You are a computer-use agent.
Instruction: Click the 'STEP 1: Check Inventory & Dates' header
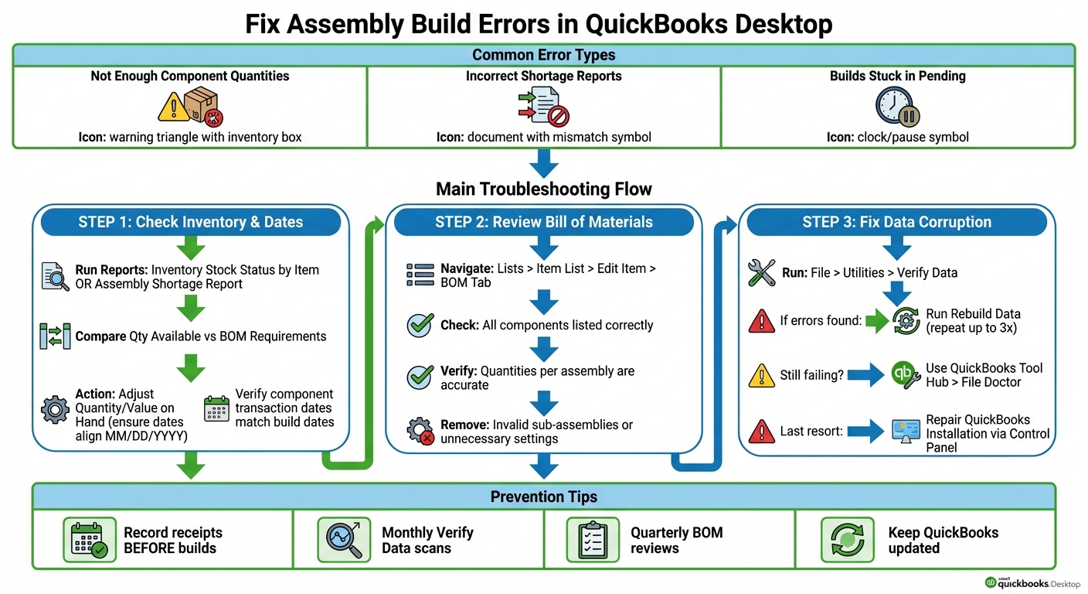pos(190,222)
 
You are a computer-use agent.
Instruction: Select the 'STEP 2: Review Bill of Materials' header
pos(543,222)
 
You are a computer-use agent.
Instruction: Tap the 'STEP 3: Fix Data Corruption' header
pos(896,222)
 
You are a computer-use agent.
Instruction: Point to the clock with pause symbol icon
pos(897,107)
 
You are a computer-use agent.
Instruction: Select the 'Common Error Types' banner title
pos(543,55)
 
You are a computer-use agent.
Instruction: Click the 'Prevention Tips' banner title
pos(543,497)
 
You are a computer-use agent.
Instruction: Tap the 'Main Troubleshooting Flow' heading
pos(543,189)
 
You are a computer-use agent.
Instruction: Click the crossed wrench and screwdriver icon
pos(762,273)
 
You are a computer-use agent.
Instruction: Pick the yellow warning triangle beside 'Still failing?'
pos(762,375)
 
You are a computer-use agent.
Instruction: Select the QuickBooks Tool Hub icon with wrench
pos(906,375)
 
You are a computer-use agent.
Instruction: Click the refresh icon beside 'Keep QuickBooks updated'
pos(847,540)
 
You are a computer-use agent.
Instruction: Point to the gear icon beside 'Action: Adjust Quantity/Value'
pos(55,408)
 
